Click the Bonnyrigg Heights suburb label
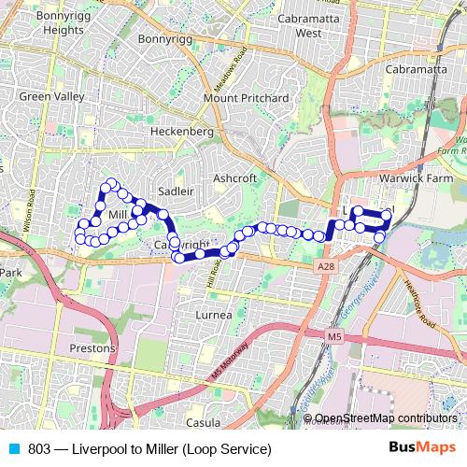click(x=50, y=23)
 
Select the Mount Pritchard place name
click(x=246, y=98)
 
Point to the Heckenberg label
click(x=182, y=133)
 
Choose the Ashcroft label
click(x=234, y=177)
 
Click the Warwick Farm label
click(x=414, y=177)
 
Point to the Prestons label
click(x=92, y=348)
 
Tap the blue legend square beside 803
click(x=12, y=447)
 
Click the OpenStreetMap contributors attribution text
click(x=386, y=418)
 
